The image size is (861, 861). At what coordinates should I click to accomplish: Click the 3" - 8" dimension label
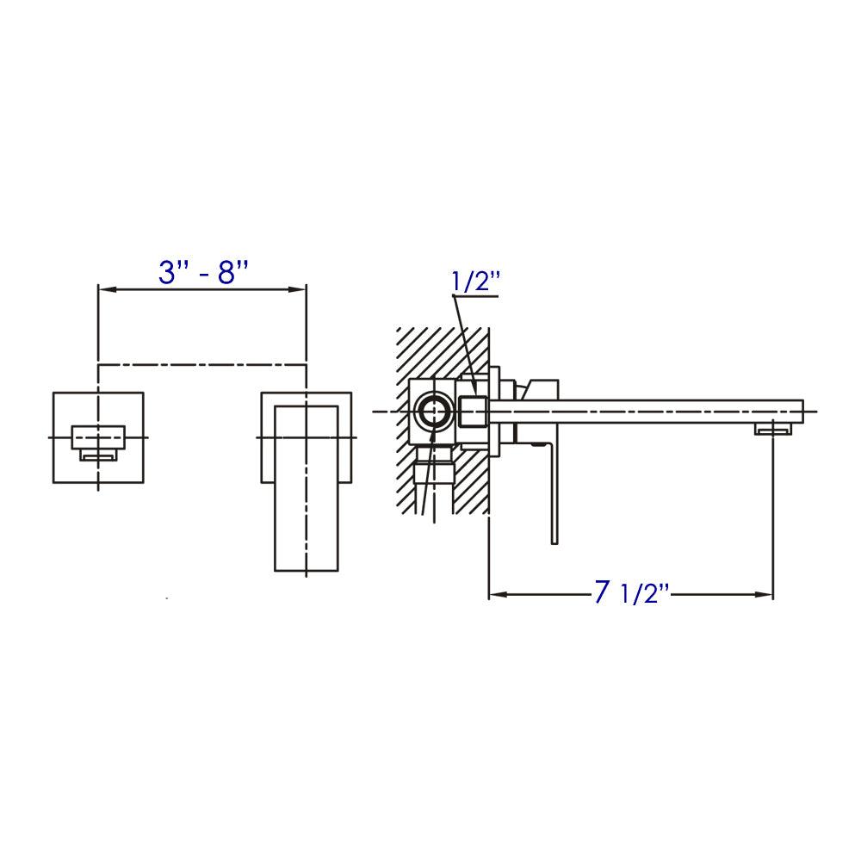[203, 273]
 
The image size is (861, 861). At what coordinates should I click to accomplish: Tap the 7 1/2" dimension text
[632, 593]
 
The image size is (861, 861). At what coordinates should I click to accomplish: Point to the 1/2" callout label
[474, 282]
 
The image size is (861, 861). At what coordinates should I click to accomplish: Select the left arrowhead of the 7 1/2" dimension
[496, 594]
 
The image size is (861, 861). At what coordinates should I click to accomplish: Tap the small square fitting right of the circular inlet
[474, 412]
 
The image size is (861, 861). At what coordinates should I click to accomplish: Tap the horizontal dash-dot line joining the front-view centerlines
[202, 365]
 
